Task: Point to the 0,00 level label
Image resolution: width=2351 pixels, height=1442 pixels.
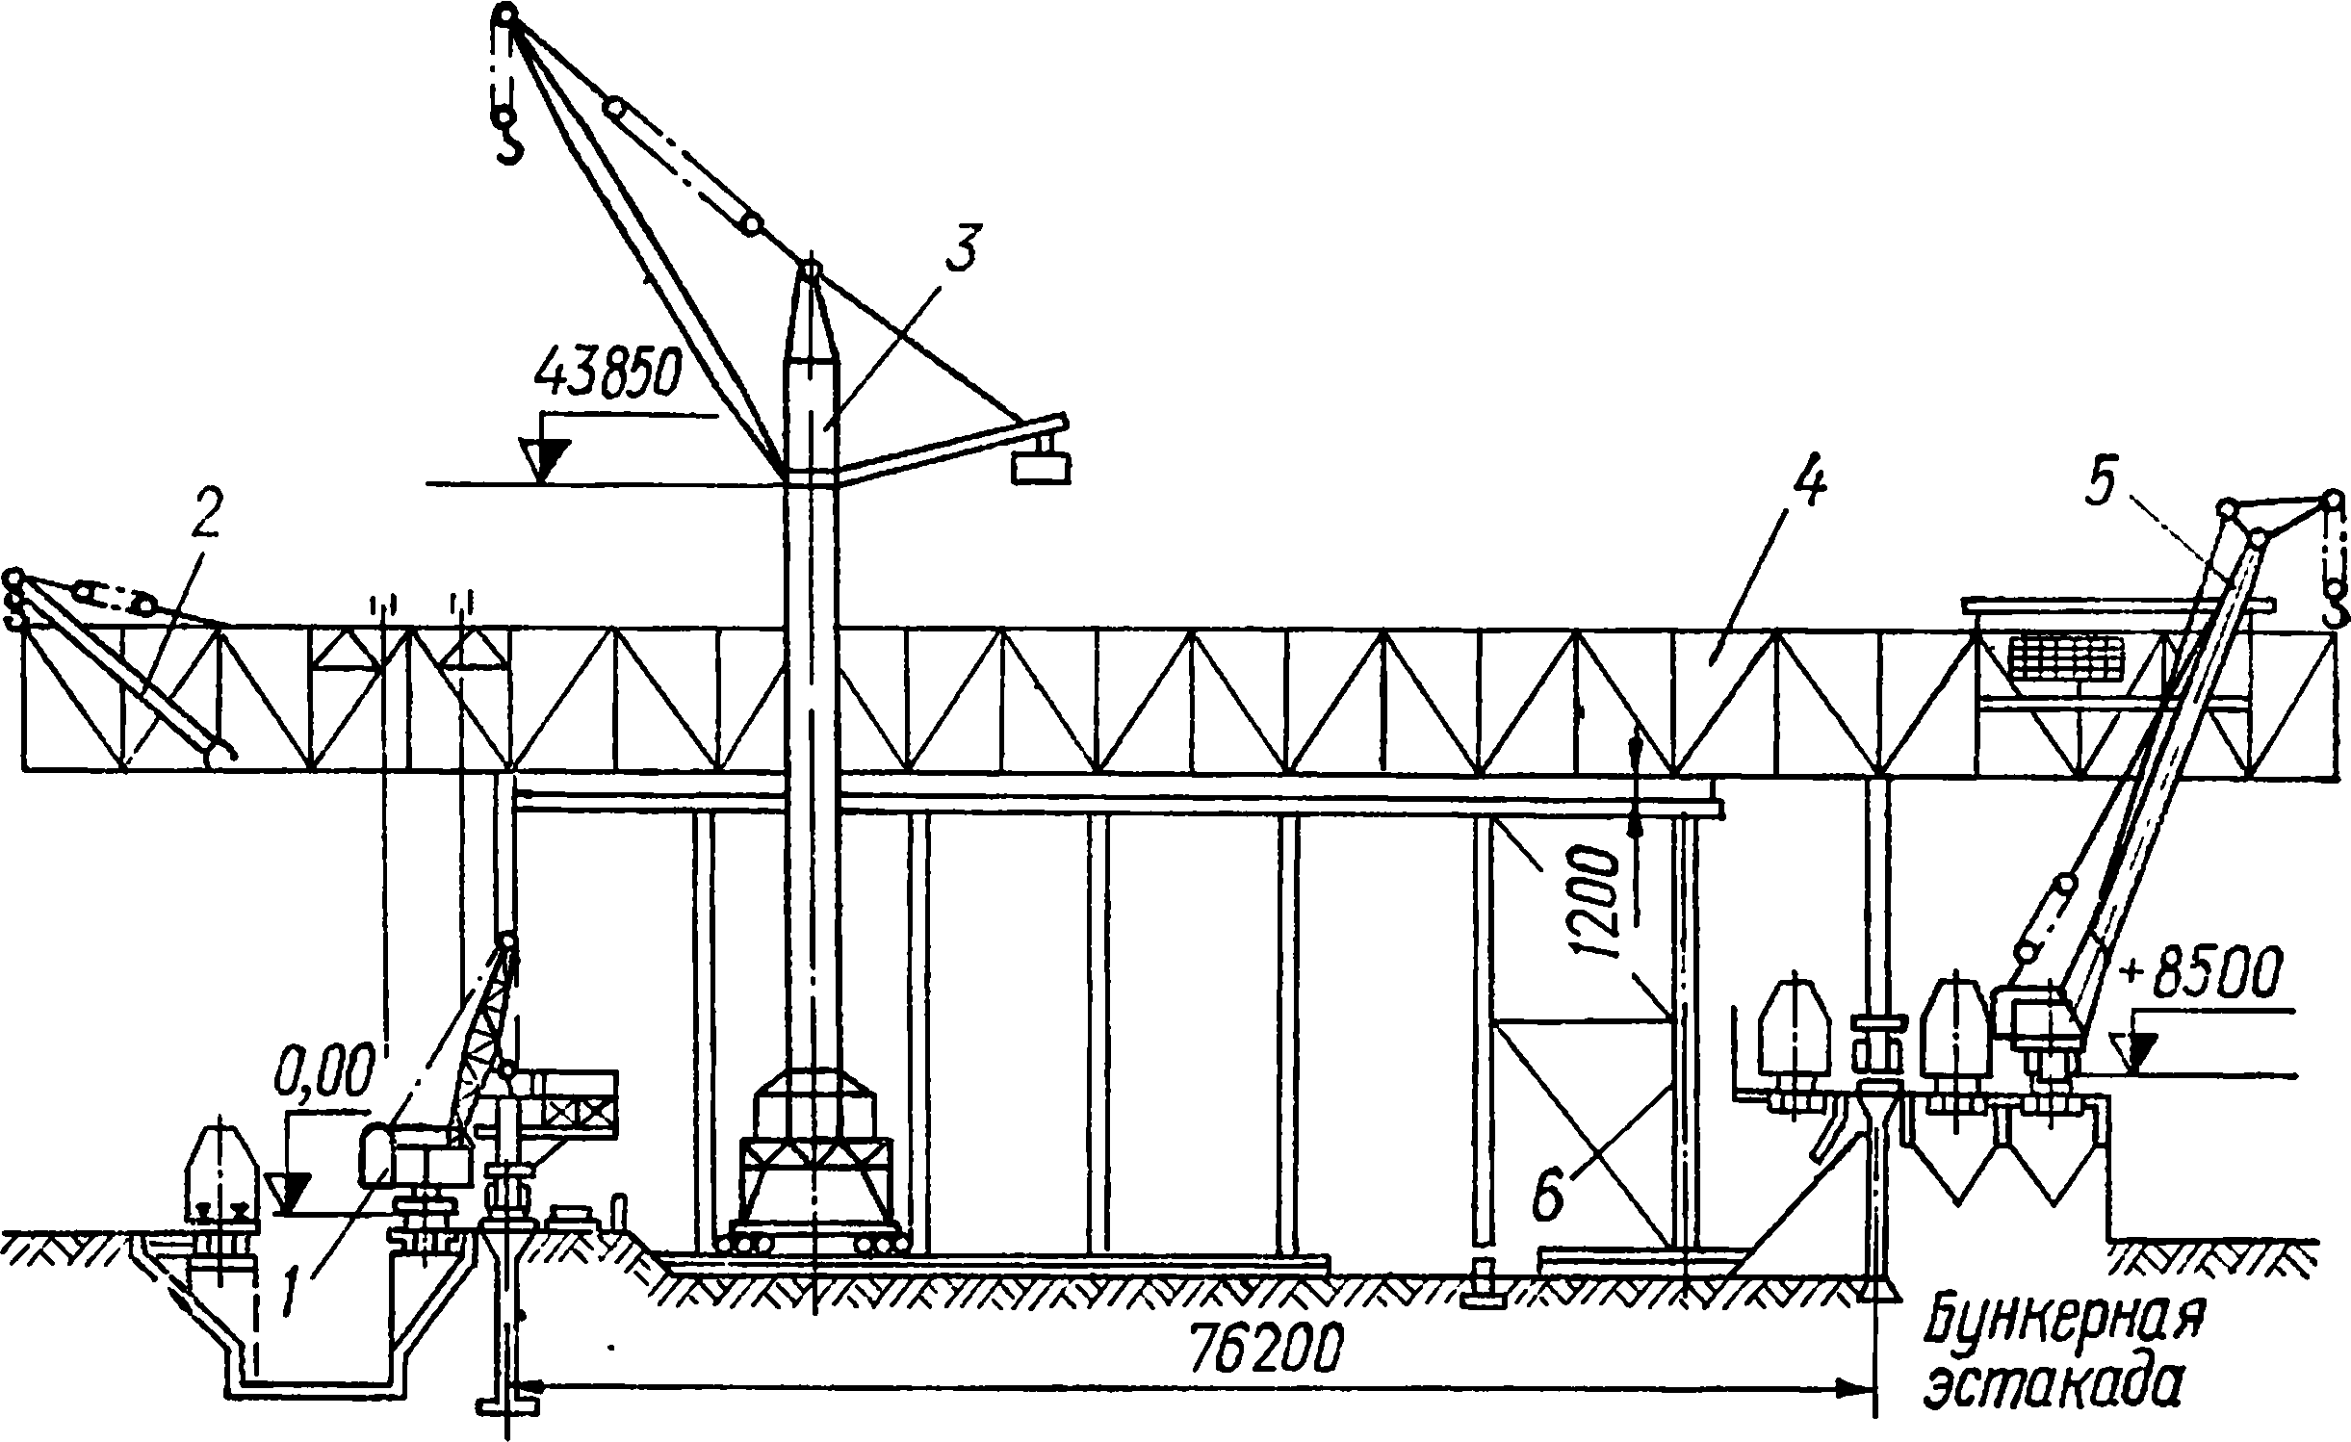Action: point(323,1070)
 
